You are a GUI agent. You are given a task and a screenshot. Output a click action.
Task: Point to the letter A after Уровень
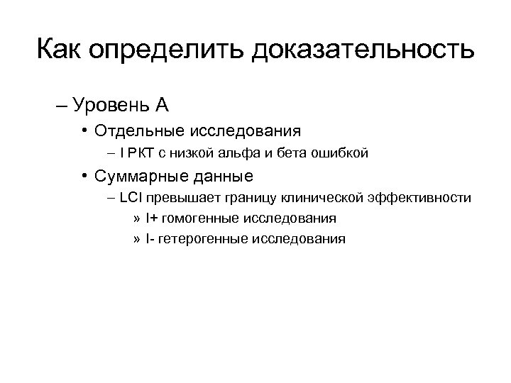[162, 106]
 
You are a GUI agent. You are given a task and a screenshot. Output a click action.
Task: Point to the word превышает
[183, 196]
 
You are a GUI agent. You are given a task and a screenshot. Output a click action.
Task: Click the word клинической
[317, 196]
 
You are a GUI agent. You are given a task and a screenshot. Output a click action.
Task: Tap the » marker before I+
[136, 218]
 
